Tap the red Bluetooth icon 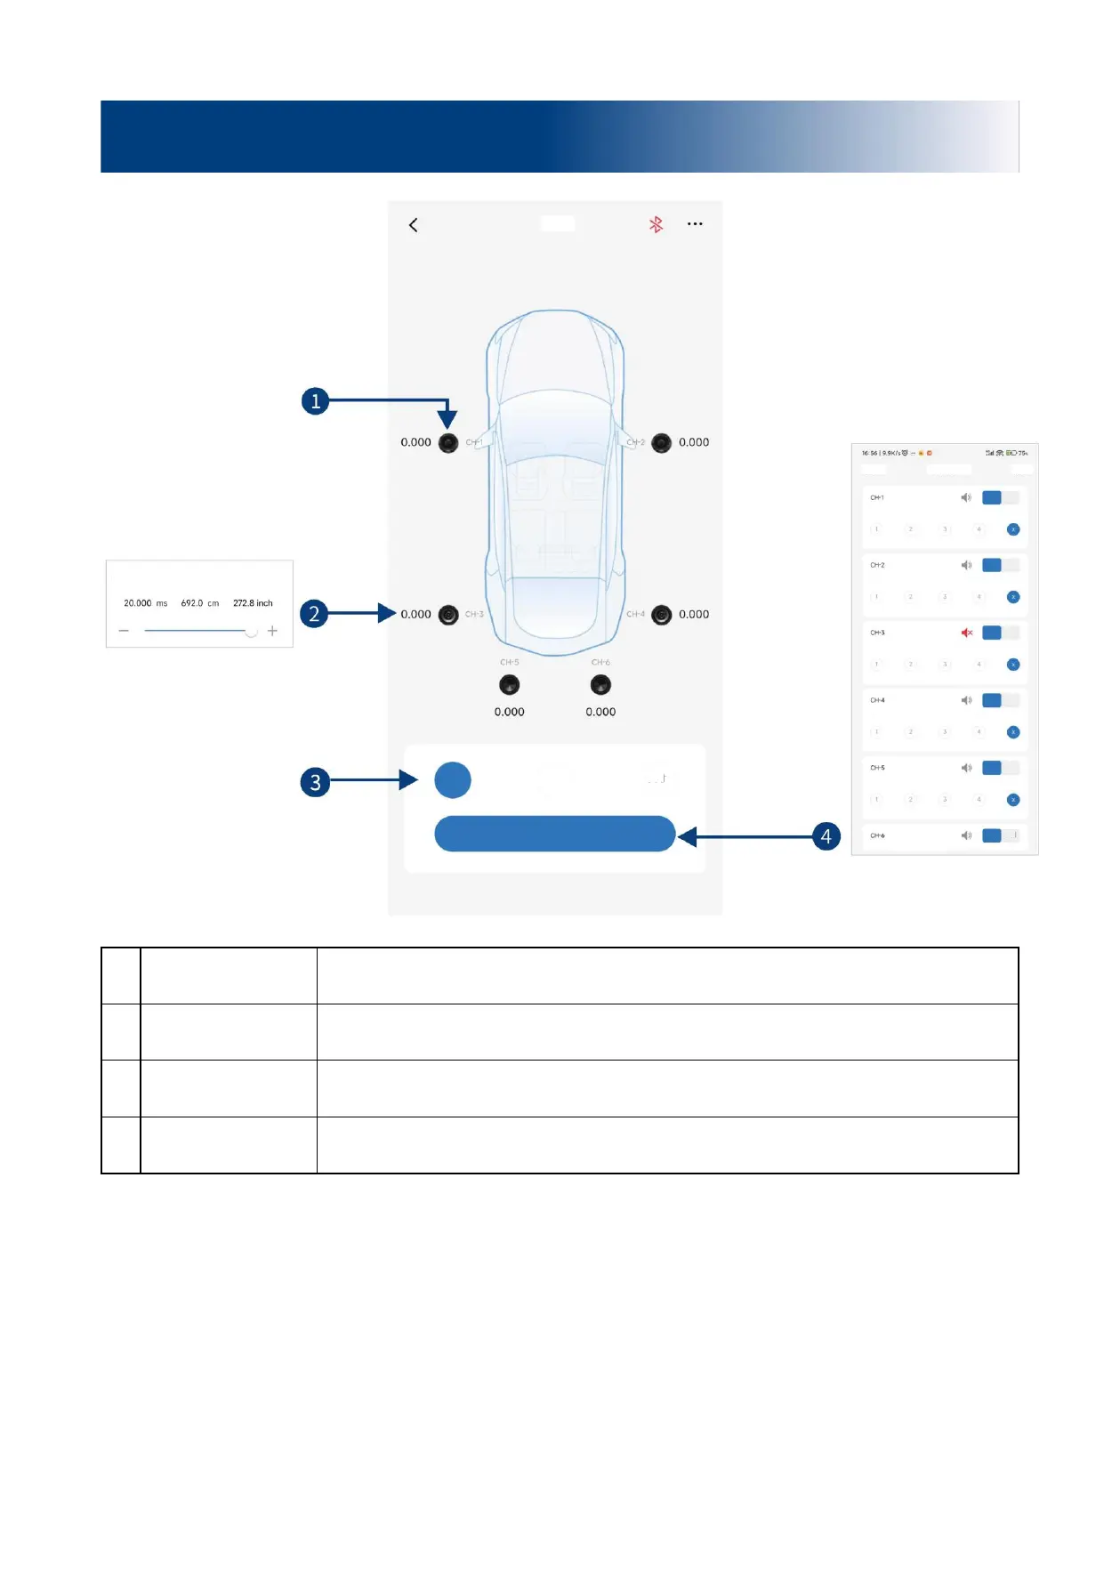pos(656,224)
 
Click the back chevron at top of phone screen pos(414,225)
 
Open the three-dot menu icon pos(695,224)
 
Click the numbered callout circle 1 pos(315,401)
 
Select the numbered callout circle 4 pos(826,836)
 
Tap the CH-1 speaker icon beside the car pos(448,443)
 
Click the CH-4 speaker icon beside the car pos(661,615)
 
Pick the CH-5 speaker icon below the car pos(509,685)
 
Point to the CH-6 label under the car pos(600,663)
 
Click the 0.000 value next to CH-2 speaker pos(694,442)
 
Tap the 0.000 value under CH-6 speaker pos(600,712)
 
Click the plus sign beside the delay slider pos(272,631)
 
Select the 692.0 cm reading pos(199,603)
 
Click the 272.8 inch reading pos(253,603)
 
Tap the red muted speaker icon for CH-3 pos(967,633)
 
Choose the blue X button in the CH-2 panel pos(1012,597)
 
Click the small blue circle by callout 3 pos(453,780)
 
